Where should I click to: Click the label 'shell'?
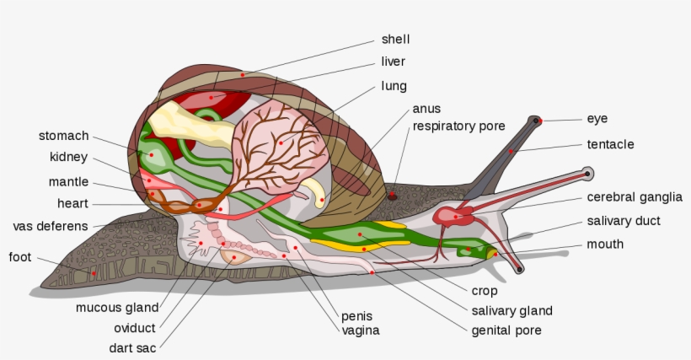[395, 39]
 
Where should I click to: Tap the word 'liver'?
[393, 62]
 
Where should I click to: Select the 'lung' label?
[394, 86]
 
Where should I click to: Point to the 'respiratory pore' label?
[458, 126]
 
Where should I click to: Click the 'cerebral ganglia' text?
[635, 197]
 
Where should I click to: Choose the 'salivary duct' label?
[624, 221]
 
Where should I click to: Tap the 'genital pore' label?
[506, 330]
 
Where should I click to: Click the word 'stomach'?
[63, 136]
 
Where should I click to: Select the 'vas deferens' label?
[51, 226]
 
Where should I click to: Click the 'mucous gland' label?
[117, 308]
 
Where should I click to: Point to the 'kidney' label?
[68, 157]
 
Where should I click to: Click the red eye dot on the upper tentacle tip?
[538, 121]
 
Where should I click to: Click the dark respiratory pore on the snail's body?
[392, 196]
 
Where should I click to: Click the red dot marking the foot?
[94, 273]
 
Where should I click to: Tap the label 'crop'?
[485, 291]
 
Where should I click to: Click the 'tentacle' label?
[610, 144]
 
